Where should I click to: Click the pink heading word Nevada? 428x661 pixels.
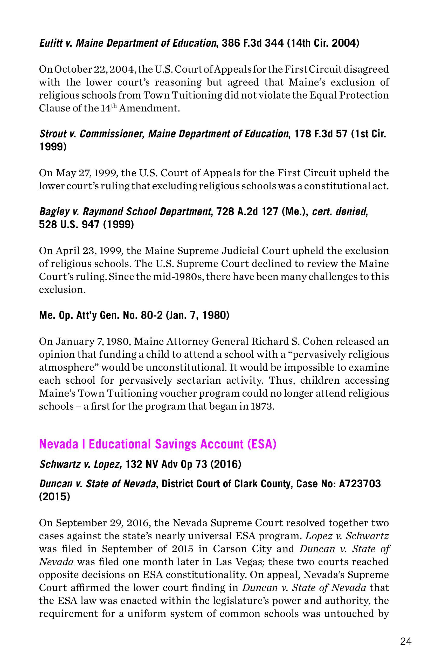[59, 444]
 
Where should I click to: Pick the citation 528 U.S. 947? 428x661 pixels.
[69, 224]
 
